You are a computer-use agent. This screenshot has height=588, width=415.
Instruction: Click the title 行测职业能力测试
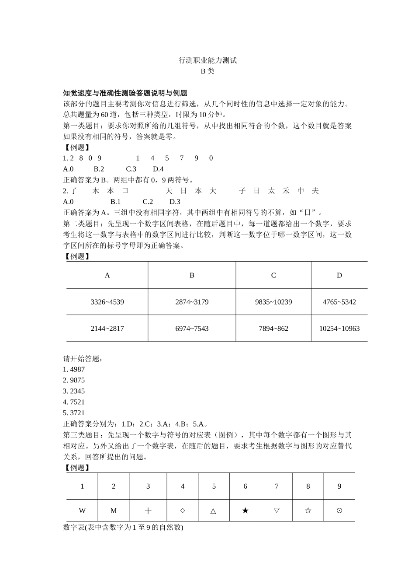pos(207,60)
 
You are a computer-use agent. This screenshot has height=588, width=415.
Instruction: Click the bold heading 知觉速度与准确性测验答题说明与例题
pos(125,93)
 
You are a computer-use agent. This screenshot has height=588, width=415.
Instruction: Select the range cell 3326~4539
pos(107,302)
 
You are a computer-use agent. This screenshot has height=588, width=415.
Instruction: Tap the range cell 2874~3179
pos(192,302)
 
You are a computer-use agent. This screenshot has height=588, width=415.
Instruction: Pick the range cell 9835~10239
pos(273,302)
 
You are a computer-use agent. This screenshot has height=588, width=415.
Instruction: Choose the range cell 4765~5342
pos(339,302)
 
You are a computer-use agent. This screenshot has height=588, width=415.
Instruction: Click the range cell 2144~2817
pos(107,329)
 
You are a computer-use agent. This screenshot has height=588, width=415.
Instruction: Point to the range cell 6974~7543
pos(192,329)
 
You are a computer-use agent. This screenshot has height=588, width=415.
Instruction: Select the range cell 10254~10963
pos(339,329)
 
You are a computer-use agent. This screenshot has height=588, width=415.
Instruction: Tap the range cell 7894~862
pos(273,329)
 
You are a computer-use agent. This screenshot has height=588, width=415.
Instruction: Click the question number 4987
pos(77,370)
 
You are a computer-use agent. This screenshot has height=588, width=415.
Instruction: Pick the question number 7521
pos(77,402)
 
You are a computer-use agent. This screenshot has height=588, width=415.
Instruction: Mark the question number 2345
pos(77,391)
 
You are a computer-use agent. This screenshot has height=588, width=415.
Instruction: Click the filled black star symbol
pos(245,511)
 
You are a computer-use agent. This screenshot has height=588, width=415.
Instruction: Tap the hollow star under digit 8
pos(308,511)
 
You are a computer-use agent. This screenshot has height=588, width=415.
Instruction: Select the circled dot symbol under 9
pos(339,511)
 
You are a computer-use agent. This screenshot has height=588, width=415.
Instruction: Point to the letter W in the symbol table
pos(82,511)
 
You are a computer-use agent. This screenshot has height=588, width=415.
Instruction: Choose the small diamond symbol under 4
pos(183,510)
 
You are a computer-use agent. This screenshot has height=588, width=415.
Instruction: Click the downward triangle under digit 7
pos(277,510)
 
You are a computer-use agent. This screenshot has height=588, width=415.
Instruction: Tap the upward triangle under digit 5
pos(214,511)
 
